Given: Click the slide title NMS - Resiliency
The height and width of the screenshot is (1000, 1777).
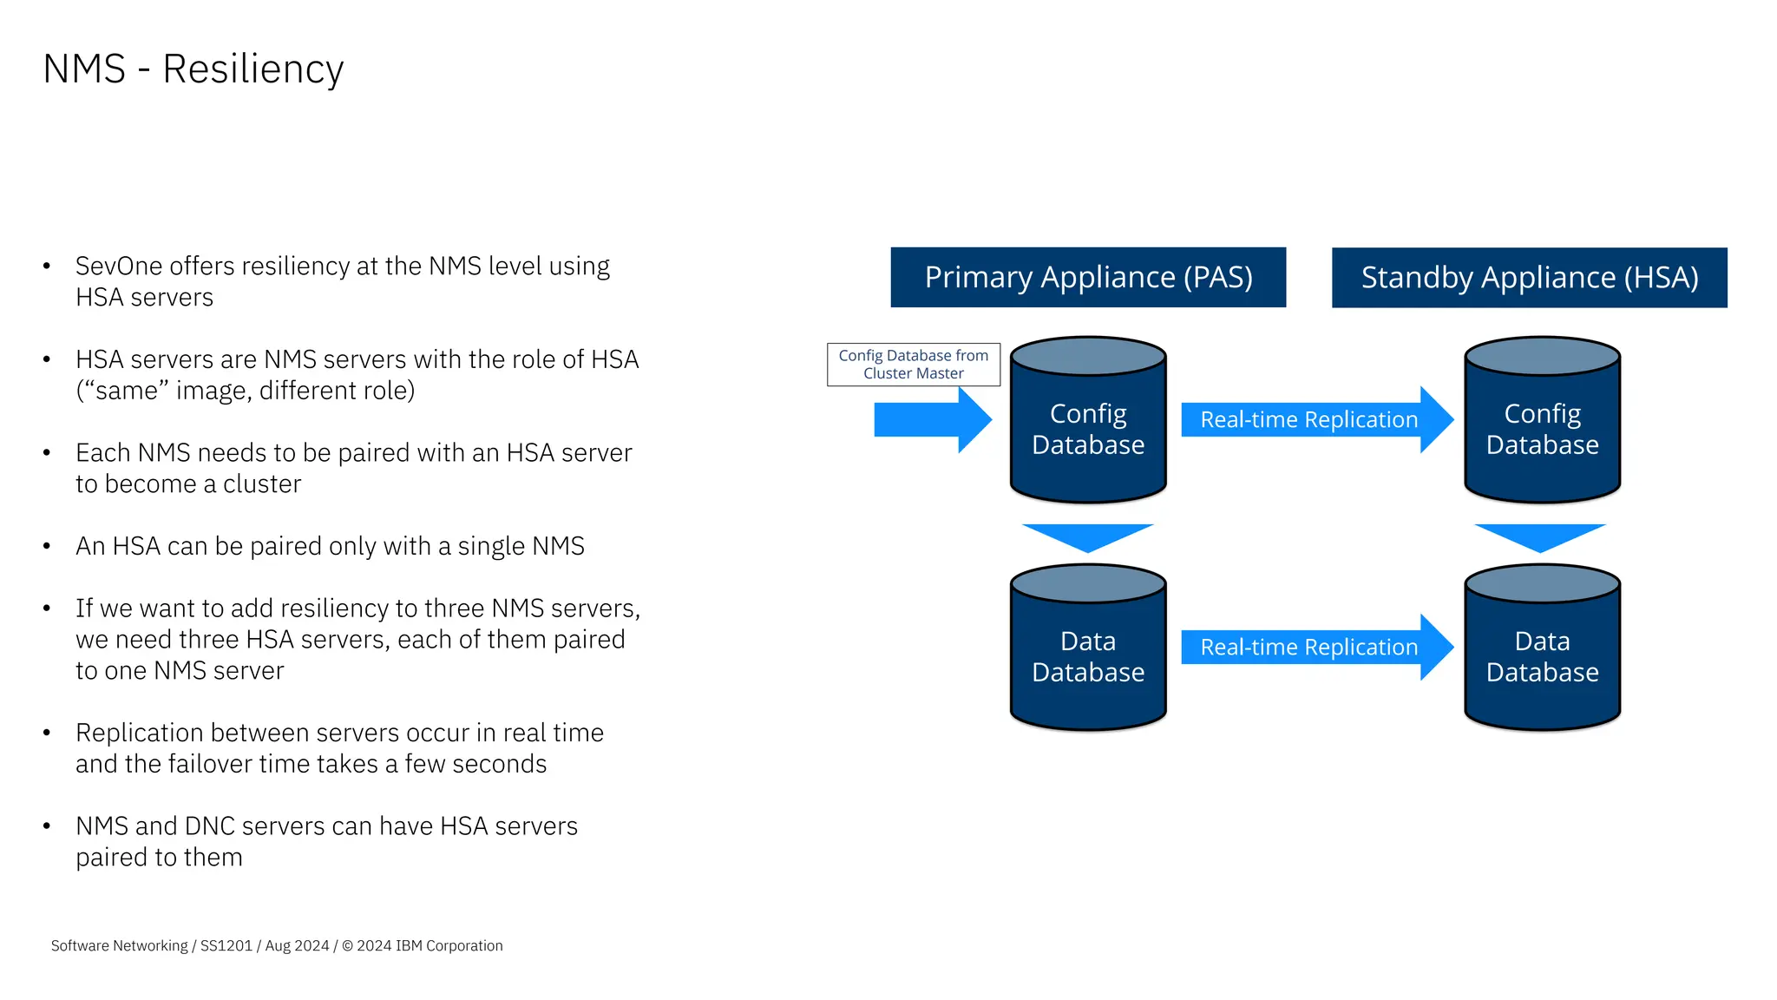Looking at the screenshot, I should pyautogui.click(x=193, y=69).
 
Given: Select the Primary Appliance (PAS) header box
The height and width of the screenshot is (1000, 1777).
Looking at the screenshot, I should pyautogui.click(x=1088, y=278).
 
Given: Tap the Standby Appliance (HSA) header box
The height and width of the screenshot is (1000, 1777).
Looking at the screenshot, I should pyautogui.click(x=1529, y=278).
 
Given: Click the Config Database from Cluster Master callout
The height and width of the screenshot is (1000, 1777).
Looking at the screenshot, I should pyautogui.click(x=913, y=365).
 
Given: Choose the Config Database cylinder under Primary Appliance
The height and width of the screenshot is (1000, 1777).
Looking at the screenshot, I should pyautogui.click(x=1088, y=430).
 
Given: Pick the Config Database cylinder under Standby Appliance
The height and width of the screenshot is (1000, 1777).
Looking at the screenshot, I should pyautogui.click(x=1542, y=430).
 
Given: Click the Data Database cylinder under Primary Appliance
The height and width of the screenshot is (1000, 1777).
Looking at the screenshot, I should pyautogui.click(x=1088, y=657).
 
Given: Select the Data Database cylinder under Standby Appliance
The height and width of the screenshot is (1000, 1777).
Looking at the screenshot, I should pyautogui.click(x=1542, y=657).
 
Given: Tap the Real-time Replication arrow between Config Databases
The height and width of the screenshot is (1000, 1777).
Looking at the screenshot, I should pyautogui.click(x=1310, y=420).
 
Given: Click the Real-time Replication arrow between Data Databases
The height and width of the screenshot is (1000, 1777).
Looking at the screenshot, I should pyautogui.click(x=1310, y=648).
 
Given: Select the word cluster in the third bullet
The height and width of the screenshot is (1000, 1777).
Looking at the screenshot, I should pyautogui.click(x=262, y=484).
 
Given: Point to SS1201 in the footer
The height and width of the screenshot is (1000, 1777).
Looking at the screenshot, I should pyautogui.click(x=226, y=946).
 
